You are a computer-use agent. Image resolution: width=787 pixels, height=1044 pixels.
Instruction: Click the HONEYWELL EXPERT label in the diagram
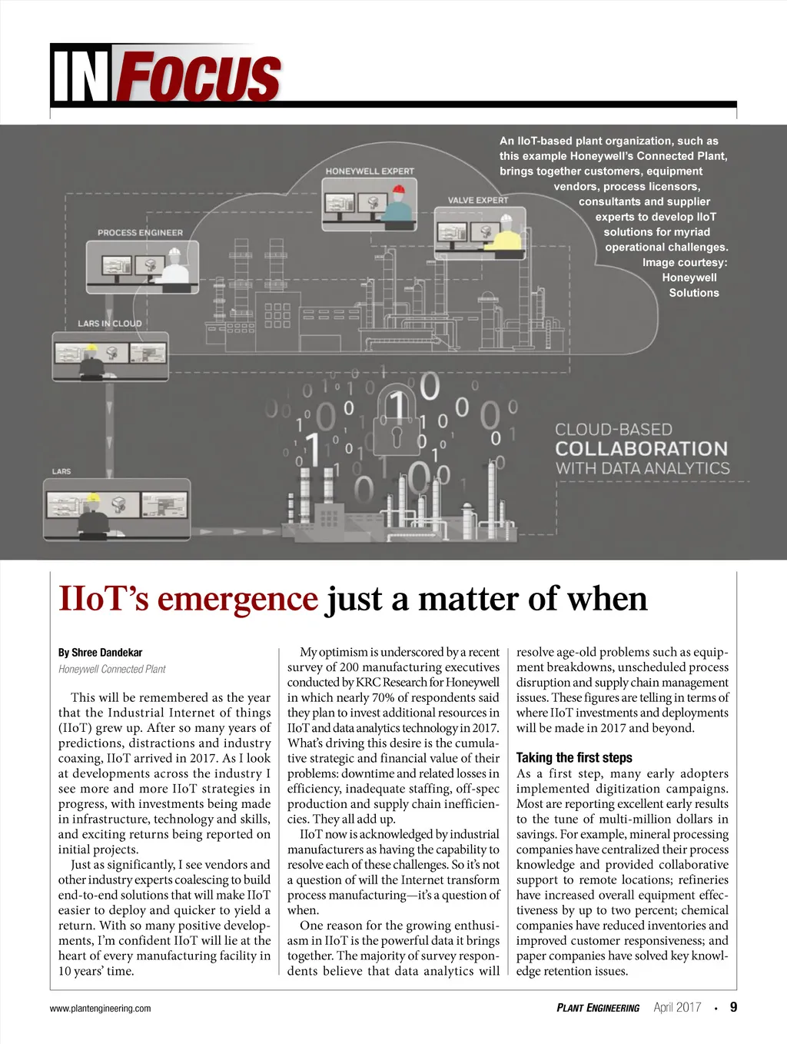[370, 171]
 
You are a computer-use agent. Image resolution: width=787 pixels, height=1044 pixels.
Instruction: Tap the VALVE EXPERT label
[478, 200]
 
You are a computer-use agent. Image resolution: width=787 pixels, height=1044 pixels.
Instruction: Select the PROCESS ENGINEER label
[140, 232]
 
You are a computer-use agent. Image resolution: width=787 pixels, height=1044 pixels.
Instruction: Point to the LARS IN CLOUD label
[110, 324]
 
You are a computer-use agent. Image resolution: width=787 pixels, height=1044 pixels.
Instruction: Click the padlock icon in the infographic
[396, 431]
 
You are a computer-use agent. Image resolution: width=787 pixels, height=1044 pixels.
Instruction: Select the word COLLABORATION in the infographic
[641, 449]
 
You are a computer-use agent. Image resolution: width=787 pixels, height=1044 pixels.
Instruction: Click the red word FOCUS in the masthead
[200, 78]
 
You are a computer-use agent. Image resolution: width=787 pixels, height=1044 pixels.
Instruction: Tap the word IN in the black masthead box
[80, 78]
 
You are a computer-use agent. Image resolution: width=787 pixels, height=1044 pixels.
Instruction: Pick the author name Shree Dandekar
[107, 653]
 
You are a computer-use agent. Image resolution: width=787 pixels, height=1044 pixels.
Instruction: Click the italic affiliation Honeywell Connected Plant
[112, 669]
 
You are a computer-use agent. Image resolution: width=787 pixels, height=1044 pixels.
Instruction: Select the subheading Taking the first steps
[574, 757]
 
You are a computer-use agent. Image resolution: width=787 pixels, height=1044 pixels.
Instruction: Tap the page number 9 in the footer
[733, 1007]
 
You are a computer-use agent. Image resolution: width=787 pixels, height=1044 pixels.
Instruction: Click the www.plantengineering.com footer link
[101, 1009]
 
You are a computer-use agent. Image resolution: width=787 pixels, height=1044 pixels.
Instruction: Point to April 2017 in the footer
[677, 1008]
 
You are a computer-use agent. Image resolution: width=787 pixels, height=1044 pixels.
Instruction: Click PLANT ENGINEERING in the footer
[598, 1008]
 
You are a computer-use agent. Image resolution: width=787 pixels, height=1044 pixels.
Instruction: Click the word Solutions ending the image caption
[694, 293]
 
